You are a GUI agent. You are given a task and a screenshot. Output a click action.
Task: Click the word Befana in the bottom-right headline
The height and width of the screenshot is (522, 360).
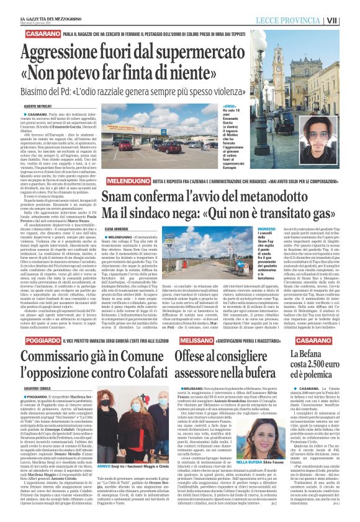(308, 356)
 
